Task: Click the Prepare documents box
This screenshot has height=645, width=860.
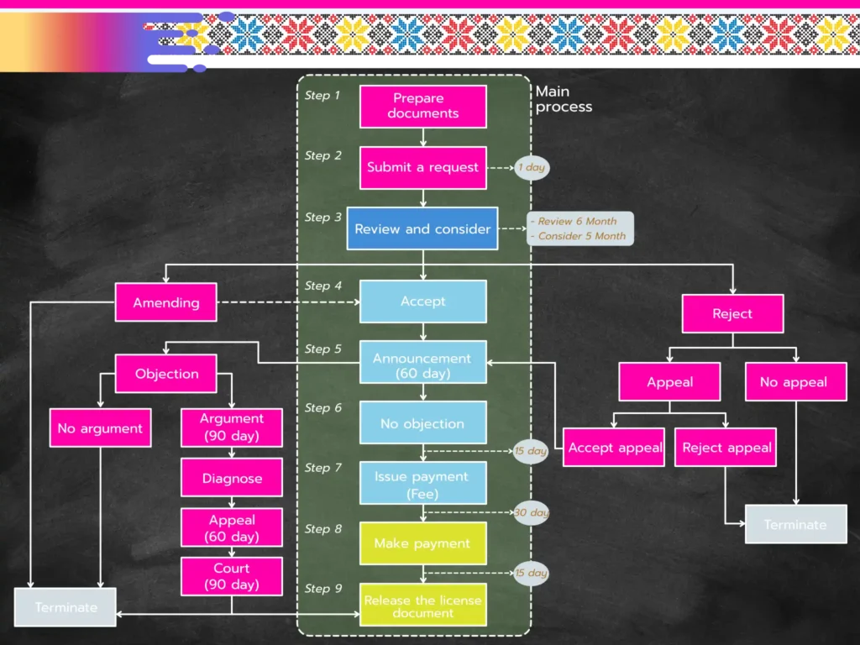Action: point(423,107)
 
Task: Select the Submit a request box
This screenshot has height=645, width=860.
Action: point(422,167)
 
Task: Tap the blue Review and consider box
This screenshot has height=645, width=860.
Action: point(422,228)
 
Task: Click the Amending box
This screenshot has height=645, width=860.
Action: point(166,302)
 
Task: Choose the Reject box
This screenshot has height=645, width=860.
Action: point(732,313)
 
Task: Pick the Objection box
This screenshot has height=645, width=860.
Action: point(166,374)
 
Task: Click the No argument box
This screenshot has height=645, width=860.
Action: point(100,428)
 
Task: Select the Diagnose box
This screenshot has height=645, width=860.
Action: point(232,478)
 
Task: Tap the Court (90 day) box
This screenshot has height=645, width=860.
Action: point(232,576)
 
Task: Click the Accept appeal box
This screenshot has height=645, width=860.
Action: point(615,448)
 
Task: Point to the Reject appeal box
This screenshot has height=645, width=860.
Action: point(726,448)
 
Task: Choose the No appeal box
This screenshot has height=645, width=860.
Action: point(793,382)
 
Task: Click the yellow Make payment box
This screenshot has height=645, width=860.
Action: point(422,543)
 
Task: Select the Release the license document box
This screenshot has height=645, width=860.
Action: point(423,606)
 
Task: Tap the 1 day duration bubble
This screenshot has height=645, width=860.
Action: point(531,167)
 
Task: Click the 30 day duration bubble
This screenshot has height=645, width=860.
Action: point(531,512)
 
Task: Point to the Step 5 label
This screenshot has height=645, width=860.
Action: point(323,349)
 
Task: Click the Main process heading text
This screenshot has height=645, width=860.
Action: point(564,99)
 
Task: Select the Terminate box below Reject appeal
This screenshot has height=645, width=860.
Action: point(794,525)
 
